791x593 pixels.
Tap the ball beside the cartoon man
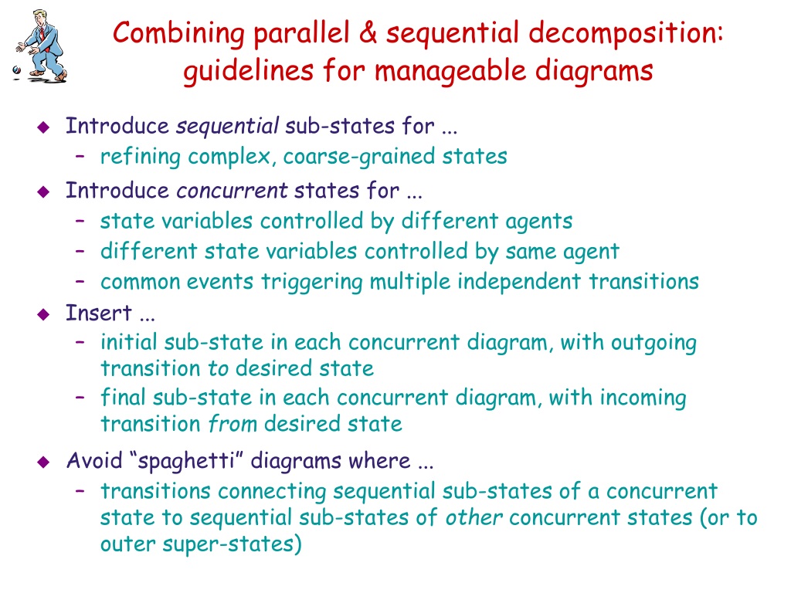click(17, 71)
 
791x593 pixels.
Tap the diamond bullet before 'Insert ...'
click(43, 314)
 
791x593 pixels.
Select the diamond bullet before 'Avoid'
click(43, 462)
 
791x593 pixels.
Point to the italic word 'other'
click(474, 517)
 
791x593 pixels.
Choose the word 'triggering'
click(316, 282)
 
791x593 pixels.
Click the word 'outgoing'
click(654, 343)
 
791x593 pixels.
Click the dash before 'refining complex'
click(80, 157)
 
